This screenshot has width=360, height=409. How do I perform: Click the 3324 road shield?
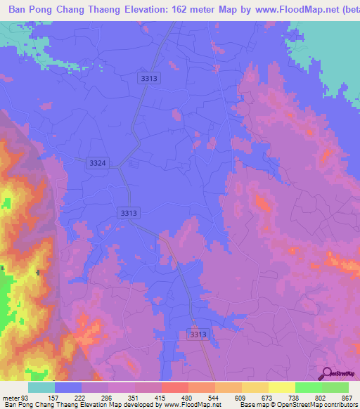tap(98, 163)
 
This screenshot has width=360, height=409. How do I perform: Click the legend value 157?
tap(52, 397)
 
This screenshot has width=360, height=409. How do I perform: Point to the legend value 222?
tap(82, 397)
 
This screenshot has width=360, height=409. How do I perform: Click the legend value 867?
tap(345, 397)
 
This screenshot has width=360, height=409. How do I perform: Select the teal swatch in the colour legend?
tap(41, 387)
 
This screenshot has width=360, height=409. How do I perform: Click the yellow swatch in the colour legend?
tap(282, 387)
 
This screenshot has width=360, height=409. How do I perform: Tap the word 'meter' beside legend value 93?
tap(10, 397)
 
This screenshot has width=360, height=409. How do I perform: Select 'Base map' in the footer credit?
tap(252, 405)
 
